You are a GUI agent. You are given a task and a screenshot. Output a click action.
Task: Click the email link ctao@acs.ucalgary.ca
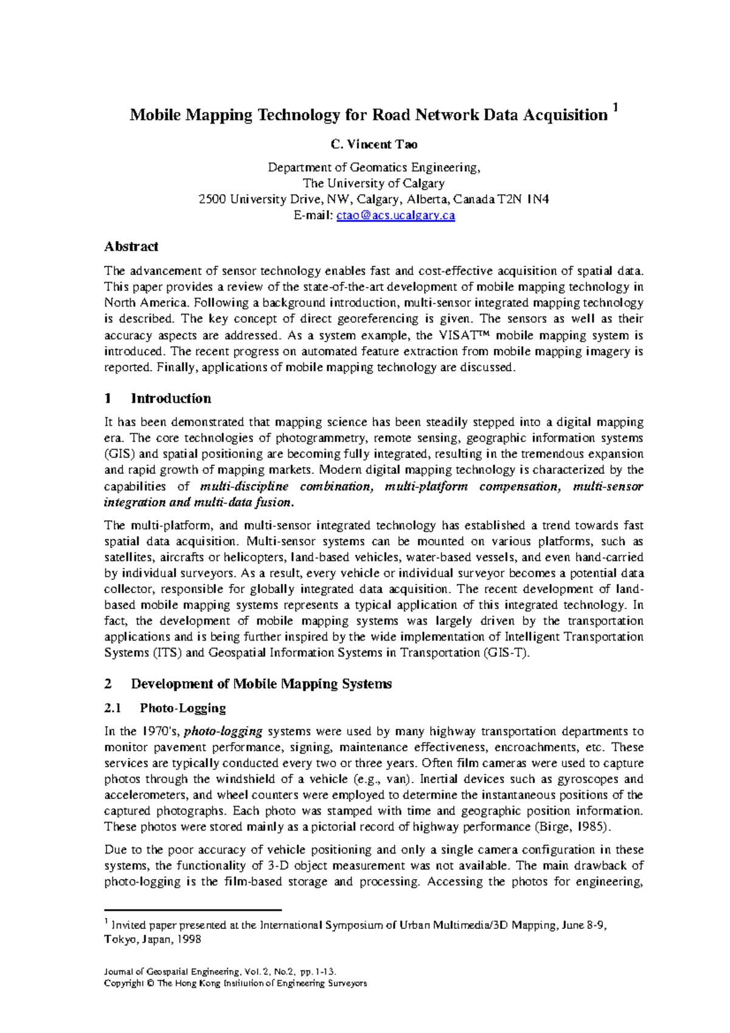pos(395,215)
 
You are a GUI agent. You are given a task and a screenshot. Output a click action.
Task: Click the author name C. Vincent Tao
pos(374,144)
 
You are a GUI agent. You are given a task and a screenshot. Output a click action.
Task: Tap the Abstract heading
pos(131,246)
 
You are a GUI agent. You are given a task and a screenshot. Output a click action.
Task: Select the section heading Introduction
pos(171,398)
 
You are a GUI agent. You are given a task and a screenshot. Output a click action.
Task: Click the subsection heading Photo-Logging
pos(182,708)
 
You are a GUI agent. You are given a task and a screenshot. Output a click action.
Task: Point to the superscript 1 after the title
pos(616,108)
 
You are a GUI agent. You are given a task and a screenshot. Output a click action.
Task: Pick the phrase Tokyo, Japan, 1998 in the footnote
pos(153,939)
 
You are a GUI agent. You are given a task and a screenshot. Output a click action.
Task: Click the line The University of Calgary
pos(374,183)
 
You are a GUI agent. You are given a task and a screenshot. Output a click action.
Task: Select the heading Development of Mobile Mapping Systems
pos(261,684)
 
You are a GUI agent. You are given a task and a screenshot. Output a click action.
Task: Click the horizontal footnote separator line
pos(193,910)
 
